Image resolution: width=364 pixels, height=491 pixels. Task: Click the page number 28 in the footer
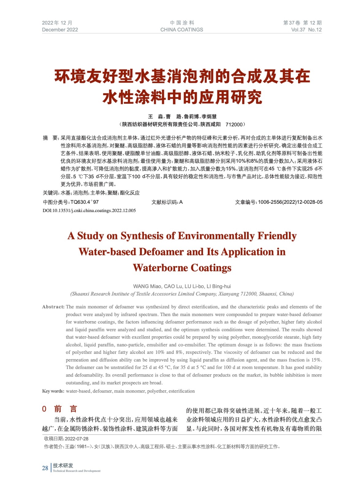(x=45, y=468)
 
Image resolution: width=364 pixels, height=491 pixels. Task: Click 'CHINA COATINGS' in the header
(x=182, y=30)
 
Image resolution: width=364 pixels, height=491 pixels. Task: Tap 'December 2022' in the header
(x=60, y=30)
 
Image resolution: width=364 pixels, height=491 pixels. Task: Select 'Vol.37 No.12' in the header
(x=306, y=30)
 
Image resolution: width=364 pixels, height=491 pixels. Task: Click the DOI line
(x=89, y=211)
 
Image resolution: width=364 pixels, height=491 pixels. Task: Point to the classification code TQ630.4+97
(x=84, y=202)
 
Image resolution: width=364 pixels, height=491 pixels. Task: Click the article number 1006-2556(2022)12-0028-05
(x=290, y=202)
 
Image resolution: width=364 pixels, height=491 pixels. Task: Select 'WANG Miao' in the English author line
(x=147, y=286)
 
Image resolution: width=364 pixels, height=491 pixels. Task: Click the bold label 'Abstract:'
(x=53, y=307)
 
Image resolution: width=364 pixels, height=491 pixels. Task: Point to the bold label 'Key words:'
(x=53, y=391)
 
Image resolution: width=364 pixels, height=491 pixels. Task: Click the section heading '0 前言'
(x=60, y=409)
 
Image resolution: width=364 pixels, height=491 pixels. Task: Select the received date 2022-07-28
(x=77, y=439)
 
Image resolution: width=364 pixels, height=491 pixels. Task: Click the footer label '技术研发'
(x=63, y=466)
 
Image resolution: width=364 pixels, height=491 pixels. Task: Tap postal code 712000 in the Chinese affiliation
(x=234, y=124)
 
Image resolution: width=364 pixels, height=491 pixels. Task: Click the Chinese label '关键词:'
(x=51, y=193)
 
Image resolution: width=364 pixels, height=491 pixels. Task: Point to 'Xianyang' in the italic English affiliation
(x=229, y=294)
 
